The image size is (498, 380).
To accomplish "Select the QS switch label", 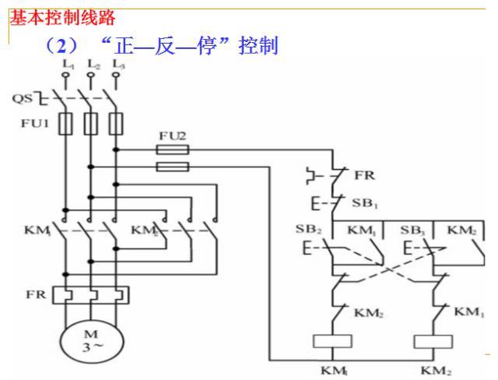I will (x=23, y=99).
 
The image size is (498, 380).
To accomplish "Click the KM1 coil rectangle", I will (x=328, y=340).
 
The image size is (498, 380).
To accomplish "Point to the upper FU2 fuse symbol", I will (x=173, y=148).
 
